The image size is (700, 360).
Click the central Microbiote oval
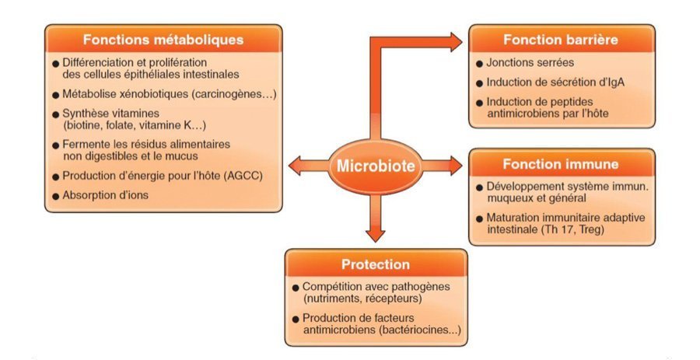376,166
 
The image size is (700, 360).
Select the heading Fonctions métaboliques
163,40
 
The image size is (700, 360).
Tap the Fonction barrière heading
561,40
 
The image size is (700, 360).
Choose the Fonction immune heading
561,164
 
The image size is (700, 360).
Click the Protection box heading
376,264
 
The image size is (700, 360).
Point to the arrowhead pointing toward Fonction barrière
455,43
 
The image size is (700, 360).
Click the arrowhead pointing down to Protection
376,236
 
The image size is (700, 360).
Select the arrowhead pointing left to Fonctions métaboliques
296,166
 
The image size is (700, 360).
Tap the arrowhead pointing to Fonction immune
455,166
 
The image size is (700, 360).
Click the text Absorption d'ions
105,195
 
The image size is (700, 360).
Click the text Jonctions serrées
530,62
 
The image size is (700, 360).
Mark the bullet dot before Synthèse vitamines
56,114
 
